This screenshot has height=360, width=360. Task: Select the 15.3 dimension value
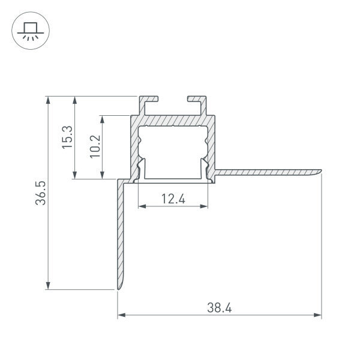pyautogui.click(x=67, y=137)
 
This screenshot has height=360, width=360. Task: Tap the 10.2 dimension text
pyautogui.click(x=94, y=146)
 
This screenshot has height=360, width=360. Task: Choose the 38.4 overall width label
pyautogui.click(x=220, y=308)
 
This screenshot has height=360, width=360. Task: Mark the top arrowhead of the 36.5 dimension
pyautogui.click(x=47, y=100)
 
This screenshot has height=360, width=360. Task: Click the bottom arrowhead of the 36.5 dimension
pyautogui.click(x=47, y=286)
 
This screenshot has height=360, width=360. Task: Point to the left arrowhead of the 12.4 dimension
pyautogui.click(x=142, y=206)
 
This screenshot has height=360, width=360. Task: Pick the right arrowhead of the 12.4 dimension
pyautogui.click(x=205, y=206)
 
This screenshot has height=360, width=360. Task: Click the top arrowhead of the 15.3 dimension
pyautogui.click(x=74, y=100)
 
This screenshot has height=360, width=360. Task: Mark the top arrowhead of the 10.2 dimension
pyautogui.click(x=103, y=119)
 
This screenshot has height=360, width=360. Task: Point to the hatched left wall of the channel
pyautogui.click(x=133, y=147)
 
